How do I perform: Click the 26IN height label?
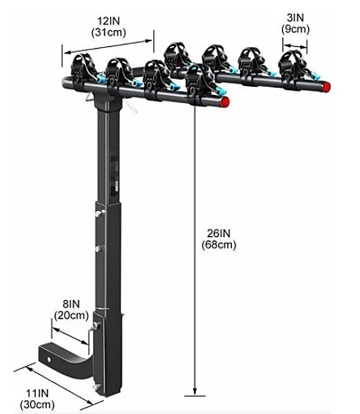click(220, 231)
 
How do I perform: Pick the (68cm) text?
click(220, 244)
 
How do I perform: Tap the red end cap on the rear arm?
click(325, 84)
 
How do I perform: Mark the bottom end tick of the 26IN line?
click(195, 396)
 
